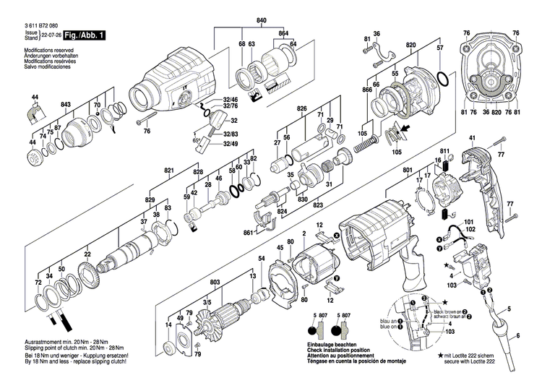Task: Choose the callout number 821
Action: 169,171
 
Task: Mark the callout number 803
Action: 215,281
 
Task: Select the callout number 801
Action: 408,171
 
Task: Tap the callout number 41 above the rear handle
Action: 472,138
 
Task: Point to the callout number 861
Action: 248,233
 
